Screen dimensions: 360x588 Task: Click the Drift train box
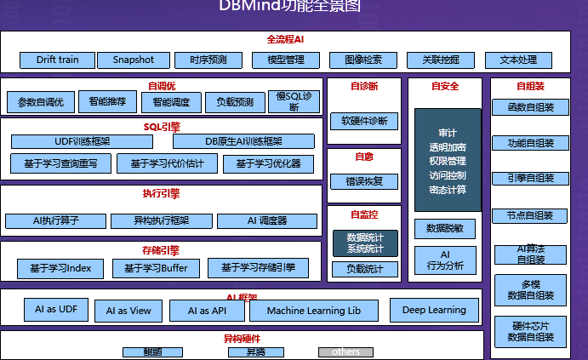click(57, 60)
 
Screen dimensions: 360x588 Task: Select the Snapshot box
click(133, 60)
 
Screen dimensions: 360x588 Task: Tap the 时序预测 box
click(208, 60)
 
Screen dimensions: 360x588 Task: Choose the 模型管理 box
click(286, 60)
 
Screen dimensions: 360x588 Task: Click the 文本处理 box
click(518, 60)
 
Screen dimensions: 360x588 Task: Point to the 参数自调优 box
click(41, 102)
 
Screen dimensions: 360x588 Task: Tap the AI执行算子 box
click(56, 220)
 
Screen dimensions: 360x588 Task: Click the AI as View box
click(128, 311)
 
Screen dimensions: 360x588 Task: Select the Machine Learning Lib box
click(314, 311)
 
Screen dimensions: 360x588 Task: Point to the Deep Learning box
click(434, 310)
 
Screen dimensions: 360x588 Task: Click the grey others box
click(345, 351)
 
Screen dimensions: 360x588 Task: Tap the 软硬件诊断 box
click(364, 121)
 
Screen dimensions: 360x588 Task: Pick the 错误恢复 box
click(364, 181)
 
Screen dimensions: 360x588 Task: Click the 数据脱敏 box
click(445, 228)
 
